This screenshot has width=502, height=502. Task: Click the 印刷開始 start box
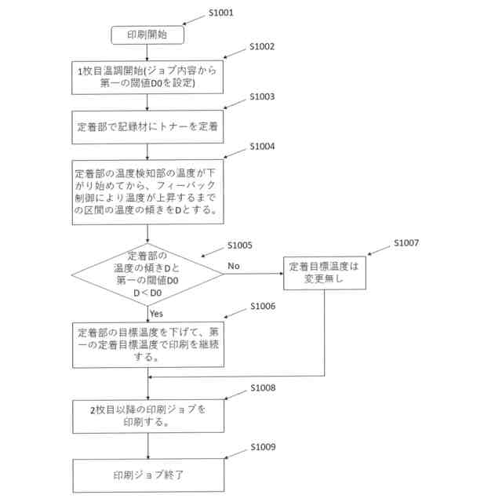(x=148, y=35)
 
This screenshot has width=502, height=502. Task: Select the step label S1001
(x=222, y=13)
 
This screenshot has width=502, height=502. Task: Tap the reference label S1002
(x=262, y=46)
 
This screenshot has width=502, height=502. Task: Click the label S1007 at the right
(x=407, y=244)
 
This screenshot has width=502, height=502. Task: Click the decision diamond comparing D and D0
(x=148, y=275)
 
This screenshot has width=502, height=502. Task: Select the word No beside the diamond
(x=234, y=267)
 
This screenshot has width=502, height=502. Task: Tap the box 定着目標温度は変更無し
(x=323, y=272)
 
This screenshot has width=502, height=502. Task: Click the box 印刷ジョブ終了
(x=148, y=475)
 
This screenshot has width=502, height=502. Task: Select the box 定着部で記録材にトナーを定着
(x=148, y=125)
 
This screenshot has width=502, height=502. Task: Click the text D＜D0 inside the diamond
(x=148, y=292)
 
